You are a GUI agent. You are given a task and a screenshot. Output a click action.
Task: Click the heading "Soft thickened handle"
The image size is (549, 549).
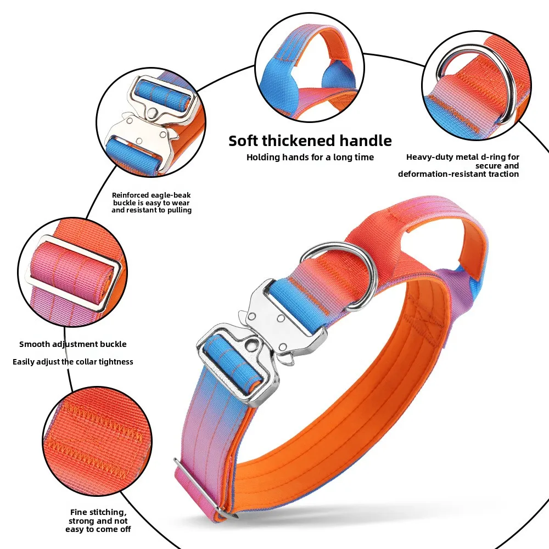pos(310,141)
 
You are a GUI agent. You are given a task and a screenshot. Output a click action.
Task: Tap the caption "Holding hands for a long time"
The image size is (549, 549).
pos(310,157)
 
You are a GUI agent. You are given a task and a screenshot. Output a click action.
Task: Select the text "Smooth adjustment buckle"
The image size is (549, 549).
pos(73,344)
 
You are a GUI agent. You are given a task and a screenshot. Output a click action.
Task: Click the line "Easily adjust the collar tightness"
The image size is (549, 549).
pos(73,362)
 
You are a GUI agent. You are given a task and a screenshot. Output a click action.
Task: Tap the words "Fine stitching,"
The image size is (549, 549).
pos(98,513)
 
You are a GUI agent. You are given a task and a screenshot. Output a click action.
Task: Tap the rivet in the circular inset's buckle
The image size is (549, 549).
pos(152,113)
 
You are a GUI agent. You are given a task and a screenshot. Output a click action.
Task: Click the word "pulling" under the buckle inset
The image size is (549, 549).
pos(179,210)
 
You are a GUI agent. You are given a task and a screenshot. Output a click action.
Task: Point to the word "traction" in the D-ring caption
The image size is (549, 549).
pos(504,174)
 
